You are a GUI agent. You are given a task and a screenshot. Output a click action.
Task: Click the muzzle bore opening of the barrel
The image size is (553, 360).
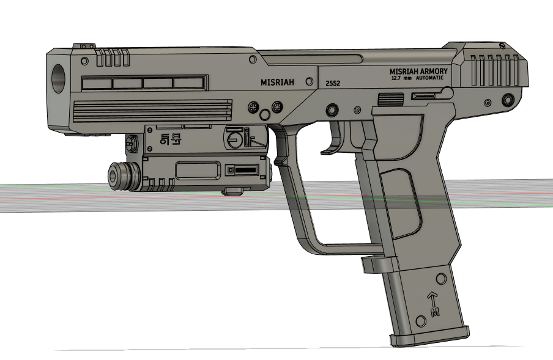(59, 78)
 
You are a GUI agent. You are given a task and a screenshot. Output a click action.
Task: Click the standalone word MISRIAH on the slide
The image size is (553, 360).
(276, 82)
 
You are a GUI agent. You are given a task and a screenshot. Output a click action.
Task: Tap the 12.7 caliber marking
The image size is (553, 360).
(397, 78)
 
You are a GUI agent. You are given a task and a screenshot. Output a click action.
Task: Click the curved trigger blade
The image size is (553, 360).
(333, 138)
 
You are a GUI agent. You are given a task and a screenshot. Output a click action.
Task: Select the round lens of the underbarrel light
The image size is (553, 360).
(114, 175)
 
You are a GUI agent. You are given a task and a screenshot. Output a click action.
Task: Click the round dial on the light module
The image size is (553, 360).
(233, 140)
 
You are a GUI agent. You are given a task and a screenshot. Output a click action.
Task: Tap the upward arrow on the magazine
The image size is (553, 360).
(432, 299)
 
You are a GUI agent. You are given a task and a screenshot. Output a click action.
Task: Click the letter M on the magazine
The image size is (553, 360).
(435, 313)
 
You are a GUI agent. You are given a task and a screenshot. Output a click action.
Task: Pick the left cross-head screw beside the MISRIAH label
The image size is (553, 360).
(254, 107)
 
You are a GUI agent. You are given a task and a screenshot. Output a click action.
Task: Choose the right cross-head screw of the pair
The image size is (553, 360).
(276, 107)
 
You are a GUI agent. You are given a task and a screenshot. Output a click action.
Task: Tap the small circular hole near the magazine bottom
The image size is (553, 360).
(420, 321)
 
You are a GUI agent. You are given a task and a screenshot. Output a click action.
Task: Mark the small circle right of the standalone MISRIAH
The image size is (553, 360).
(309, 81)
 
